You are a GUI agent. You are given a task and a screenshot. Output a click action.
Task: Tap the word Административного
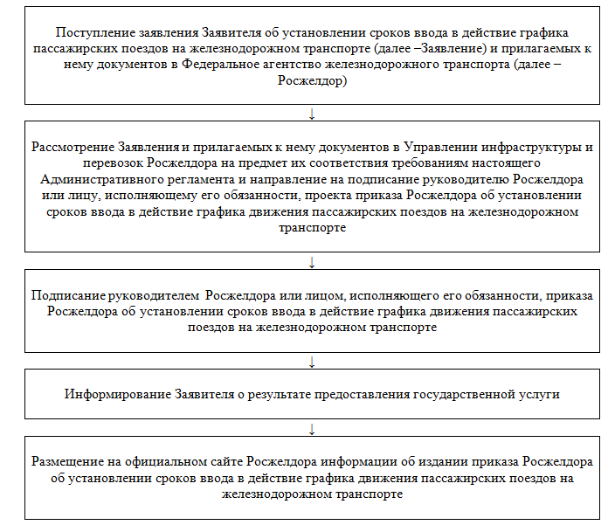(93, 179)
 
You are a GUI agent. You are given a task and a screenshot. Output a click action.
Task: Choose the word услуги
(539, 394)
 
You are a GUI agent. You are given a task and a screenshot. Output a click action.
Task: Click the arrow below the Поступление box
(312, 113)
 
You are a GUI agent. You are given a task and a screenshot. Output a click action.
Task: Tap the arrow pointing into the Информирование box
(312, 361)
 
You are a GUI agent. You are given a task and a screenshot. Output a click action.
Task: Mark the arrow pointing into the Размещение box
(312, 428)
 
